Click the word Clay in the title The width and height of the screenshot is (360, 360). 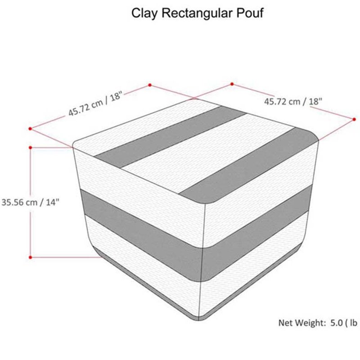coord(144,13)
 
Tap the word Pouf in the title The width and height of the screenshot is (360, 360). coord(250,13)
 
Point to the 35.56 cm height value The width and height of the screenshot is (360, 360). coord(19,202)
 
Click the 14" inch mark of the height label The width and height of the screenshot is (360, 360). coord(53,202)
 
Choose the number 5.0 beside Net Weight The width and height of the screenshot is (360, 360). coord(337,323)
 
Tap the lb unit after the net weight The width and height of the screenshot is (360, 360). coord(354,323)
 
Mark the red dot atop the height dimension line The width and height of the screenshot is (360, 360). coord(30,148)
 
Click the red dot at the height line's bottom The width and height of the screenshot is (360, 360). coord(30,257)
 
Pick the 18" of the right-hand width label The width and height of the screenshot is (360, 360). coord(315,101)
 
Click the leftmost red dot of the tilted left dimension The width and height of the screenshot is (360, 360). coord(30,129)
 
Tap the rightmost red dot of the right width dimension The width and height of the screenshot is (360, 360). coord(354,119)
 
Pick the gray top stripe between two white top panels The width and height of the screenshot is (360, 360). coord(171,137)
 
